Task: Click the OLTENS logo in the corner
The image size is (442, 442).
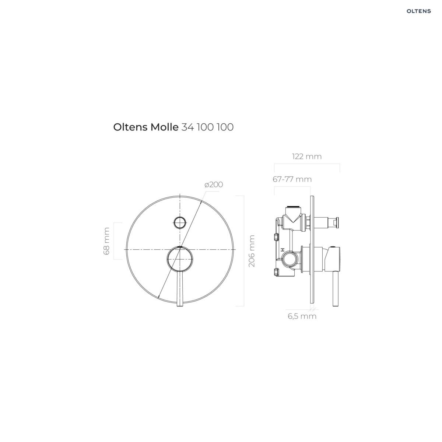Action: click(418, 11)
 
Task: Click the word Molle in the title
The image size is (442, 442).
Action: click(164, 127)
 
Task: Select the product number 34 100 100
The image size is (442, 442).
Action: click(207, 127)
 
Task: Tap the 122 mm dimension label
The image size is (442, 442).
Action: click(307, 157)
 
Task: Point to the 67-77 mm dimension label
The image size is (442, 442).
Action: click(292, 179)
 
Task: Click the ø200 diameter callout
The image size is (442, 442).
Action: click(214, 185)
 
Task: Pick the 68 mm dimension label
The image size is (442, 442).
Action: click(106, 241)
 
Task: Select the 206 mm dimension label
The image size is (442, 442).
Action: click(252, 251)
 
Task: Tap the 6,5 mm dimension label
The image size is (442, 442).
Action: click(302, 316)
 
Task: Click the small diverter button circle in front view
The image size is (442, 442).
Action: click(180, 222)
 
